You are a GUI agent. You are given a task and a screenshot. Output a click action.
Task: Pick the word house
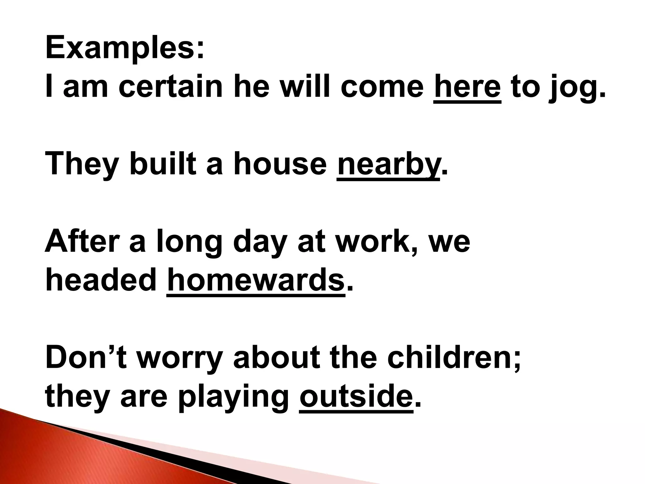point(280,164)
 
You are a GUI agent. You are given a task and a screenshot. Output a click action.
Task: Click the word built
point(164,164)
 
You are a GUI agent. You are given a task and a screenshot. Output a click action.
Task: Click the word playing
point(233,398)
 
